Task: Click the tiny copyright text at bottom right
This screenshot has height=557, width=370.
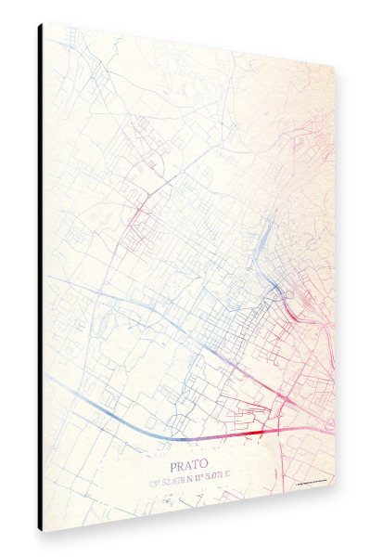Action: (x=309, y=483)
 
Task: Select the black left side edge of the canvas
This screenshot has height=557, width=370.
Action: (x=41, y=278)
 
